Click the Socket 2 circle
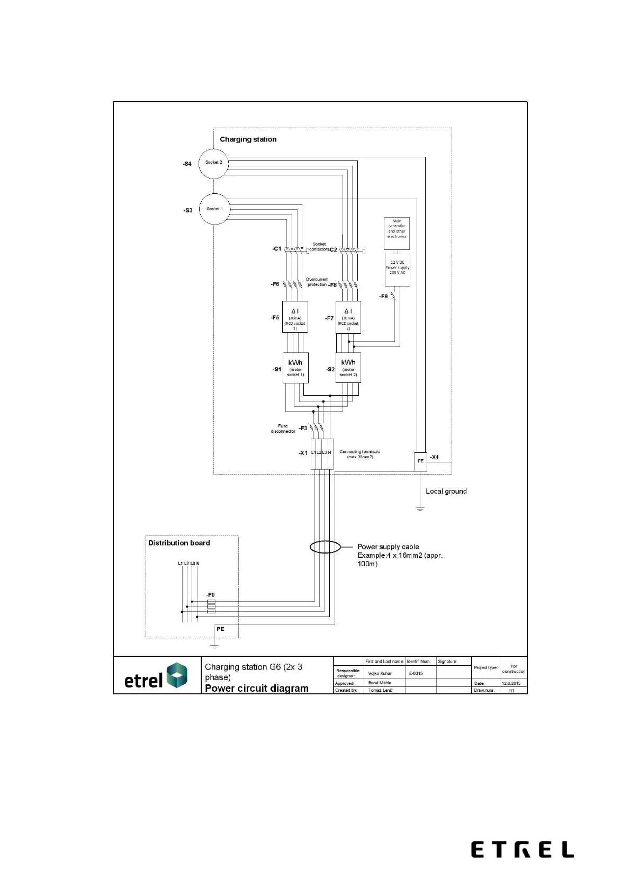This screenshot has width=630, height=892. click(213, 163)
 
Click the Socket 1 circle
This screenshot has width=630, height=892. click(214, 209)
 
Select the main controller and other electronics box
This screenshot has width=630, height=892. click(397, 233)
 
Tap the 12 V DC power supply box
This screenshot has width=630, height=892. click(397, 270)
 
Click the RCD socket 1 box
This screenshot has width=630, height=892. click(295, 317)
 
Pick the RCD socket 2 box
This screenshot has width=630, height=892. click(348, 317)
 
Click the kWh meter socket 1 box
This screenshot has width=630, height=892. click(295, 368)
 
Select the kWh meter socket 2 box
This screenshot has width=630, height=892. click(348, 368)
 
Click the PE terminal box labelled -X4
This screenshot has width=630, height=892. click(420, 461)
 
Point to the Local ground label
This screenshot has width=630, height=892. click(446, 491)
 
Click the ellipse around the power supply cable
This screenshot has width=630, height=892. click(325, 547)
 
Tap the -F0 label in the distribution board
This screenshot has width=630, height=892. click(210, 595)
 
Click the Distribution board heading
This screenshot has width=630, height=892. click(179, 543)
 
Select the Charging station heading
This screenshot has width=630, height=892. click(248, 139)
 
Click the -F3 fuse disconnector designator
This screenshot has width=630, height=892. click(303, 428)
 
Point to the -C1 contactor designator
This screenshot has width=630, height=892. click(277, 248)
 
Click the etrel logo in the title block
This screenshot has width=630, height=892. click(156, 677)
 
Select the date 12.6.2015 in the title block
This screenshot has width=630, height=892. click(511, 683)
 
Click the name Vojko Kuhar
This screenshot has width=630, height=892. click(380, 673)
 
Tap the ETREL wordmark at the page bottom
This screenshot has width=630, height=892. click(522, 850)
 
